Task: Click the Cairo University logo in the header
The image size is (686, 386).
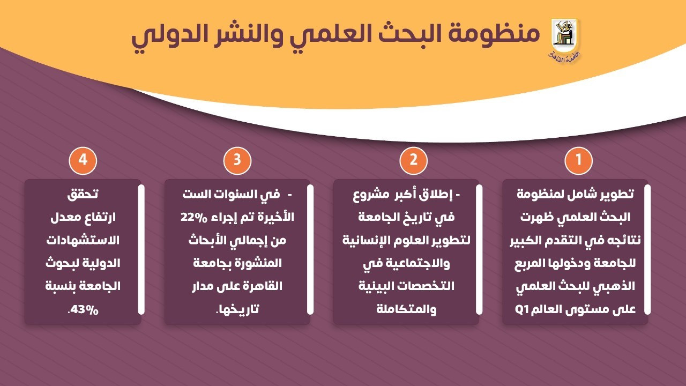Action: (x=565, y=39)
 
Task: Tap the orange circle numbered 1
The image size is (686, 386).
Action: (x=579, y=161)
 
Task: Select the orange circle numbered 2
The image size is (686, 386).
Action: (x=414, y=161)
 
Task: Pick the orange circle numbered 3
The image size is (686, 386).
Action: (x=237, y=161)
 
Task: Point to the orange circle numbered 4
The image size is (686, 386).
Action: (x=83, y=161)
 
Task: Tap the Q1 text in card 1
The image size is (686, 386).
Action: (x=522, y=309)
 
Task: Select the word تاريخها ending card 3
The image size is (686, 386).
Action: (x=236, y=309)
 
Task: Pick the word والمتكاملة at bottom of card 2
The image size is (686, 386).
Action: (x=406, y=309)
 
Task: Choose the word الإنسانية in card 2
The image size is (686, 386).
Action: (x=365, y=240)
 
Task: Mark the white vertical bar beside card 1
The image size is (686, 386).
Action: (x=647, y=249)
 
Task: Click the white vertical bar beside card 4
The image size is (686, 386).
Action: (x=141, y=249)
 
